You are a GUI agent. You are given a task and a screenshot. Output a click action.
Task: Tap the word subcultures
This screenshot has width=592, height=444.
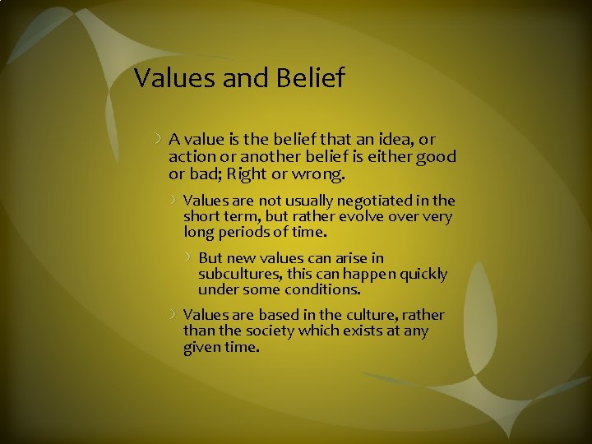pyautogui.click(x=238, y=274)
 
